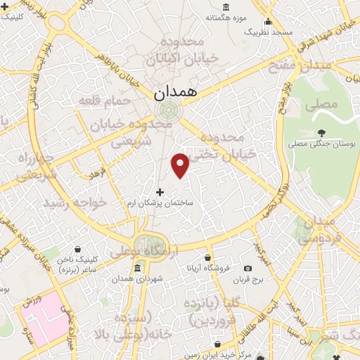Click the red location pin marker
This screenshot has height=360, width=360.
181,165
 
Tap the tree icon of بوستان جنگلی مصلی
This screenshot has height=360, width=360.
321,132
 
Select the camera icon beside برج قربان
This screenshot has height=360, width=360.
247,268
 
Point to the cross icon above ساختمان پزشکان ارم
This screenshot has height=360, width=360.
160,191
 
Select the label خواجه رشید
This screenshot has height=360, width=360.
75,202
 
